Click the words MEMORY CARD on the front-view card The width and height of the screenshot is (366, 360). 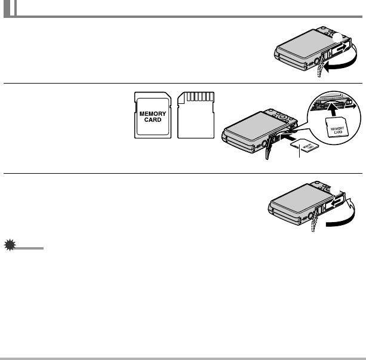click(x=152, y=115)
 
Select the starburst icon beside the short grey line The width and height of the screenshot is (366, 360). click(x=8, y=246)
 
